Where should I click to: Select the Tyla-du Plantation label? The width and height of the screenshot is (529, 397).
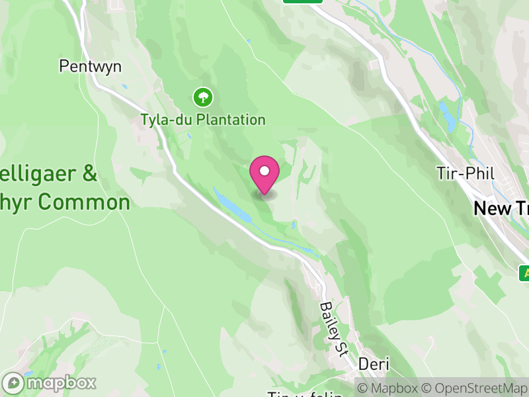click(x=202, y=120)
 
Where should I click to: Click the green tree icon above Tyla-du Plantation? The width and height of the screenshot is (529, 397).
click(x=202, y=98)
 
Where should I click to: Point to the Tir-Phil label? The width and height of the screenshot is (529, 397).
click(x=465, y=173)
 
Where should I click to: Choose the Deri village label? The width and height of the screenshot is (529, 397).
click(x=374, y=364)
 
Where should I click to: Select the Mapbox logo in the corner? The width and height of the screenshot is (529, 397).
click(x=50, y=383)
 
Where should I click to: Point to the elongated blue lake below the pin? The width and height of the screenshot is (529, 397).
click(x=233, y=204)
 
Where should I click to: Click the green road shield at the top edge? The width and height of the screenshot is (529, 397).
click(x=302, y=1)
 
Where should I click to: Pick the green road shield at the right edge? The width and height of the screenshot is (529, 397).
click(x=524, y=273)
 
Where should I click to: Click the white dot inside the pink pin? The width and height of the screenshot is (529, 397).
click(x=264, y=171)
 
